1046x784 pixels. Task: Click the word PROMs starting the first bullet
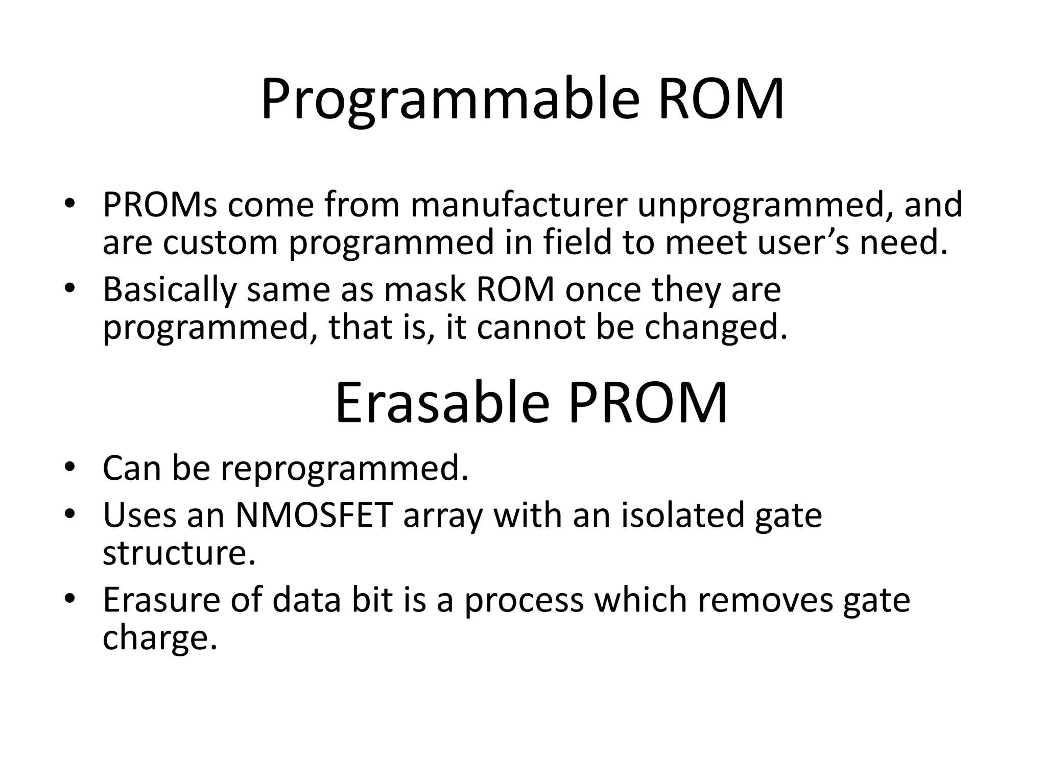point(160,205)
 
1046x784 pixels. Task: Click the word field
point(577,242)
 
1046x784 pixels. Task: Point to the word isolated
point(682,516)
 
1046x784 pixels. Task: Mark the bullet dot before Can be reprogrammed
point(70,467)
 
